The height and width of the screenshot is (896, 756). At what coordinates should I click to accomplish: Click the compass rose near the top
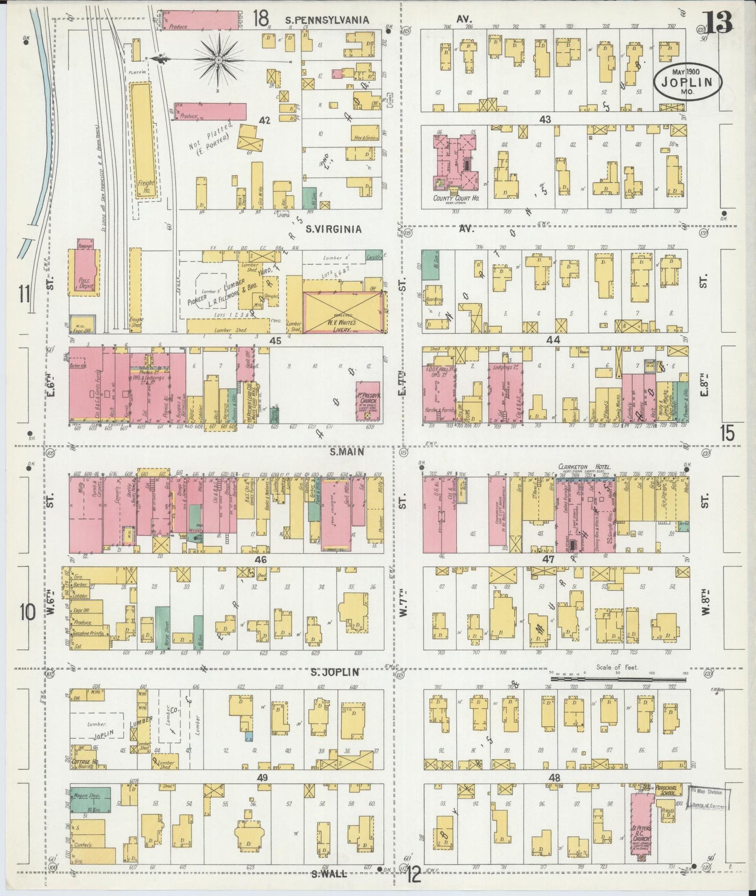(217, 61)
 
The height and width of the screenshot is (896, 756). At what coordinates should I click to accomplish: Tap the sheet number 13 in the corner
(718, 21)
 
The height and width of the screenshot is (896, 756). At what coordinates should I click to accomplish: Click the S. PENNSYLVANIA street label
(327, 20)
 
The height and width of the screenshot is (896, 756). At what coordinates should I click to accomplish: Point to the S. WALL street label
(329, 872)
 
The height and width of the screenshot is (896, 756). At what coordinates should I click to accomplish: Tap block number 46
(261, 560)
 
